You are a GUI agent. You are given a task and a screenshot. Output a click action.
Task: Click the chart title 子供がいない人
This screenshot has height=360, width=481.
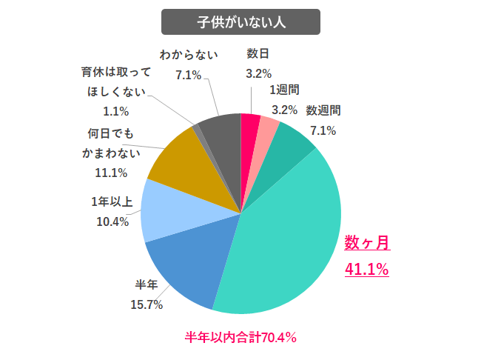240,21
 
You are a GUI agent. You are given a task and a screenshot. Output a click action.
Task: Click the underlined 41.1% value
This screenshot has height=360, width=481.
368,270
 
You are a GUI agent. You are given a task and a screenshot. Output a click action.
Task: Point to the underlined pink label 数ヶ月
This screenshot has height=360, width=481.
368,243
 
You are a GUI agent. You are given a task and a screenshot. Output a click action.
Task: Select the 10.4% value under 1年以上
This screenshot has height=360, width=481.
113,221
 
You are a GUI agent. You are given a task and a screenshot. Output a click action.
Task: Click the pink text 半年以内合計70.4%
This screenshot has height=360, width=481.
240,338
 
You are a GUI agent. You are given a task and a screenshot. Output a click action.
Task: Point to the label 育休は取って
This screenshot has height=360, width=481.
116,73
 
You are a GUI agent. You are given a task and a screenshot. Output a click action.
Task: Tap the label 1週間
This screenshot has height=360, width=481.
284,90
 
